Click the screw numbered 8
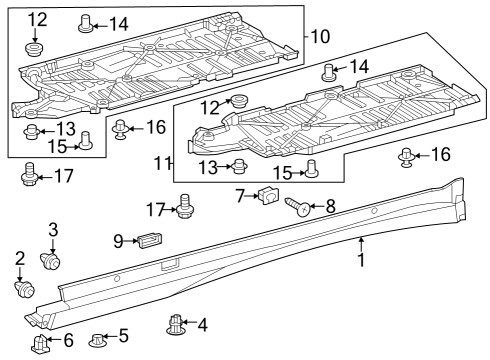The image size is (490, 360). coord(298,208)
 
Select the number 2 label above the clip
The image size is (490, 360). coord(20,259)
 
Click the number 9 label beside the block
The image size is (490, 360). coord(117,240)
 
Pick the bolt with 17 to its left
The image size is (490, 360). coord(184,207)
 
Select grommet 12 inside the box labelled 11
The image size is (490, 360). coord(239,101)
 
